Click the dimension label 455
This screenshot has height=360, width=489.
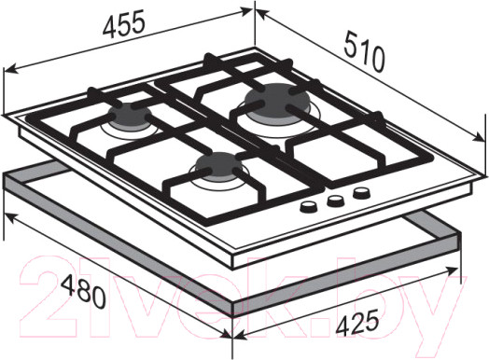(x=124, y=22)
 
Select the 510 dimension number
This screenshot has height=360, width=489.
(x=364, y=51)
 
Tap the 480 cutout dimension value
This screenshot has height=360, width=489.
(x=83, y=289)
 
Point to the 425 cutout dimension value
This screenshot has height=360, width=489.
(x=357, y=322)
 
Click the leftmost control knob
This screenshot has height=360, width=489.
(x=309, y=207)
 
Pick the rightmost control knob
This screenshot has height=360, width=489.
(x=362, y=193)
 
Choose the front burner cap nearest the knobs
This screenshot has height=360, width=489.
(x=218, y=165)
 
